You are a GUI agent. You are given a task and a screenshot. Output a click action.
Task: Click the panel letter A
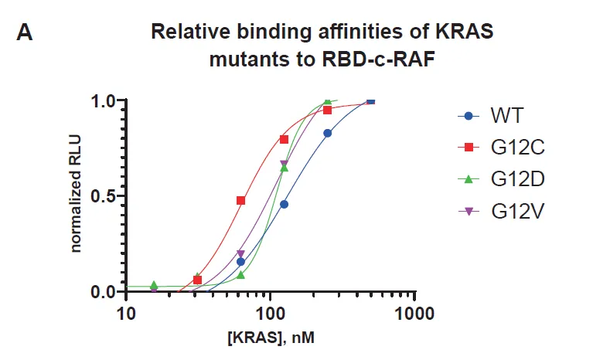25,35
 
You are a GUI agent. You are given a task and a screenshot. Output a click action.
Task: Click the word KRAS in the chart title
462,33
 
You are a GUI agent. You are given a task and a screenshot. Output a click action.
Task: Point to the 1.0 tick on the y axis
103,100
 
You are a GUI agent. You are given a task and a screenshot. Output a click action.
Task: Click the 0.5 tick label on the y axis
103,195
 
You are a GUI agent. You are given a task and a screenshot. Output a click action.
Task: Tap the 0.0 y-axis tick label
103,291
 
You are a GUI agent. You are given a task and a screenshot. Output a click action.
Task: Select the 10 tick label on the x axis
125,314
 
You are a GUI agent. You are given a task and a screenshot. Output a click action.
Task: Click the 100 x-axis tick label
270,314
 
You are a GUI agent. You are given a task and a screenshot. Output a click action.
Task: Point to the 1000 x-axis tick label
415,314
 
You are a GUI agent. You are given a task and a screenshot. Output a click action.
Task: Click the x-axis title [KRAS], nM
271,338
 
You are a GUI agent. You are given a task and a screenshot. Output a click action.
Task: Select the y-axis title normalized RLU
77,195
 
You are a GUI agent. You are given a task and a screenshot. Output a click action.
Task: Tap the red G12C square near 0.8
284,139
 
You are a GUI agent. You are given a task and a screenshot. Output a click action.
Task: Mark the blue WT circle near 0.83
327,133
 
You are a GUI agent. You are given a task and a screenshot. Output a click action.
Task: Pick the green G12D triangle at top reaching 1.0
327,102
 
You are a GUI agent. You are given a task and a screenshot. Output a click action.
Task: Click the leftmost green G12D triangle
154,285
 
